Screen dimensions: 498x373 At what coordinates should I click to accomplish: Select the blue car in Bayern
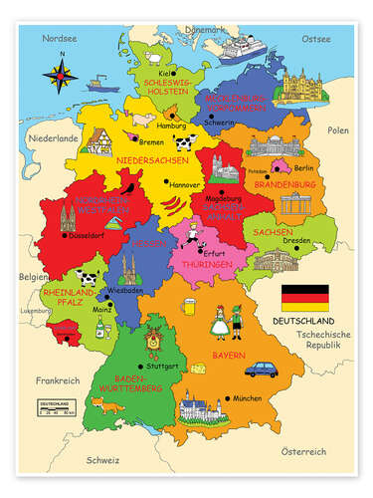click(x=263, y=370)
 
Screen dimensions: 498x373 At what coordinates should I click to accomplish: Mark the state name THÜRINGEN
click(x=199, y=266)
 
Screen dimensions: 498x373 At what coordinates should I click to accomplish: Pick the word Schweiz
click(x=101, y=461)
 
